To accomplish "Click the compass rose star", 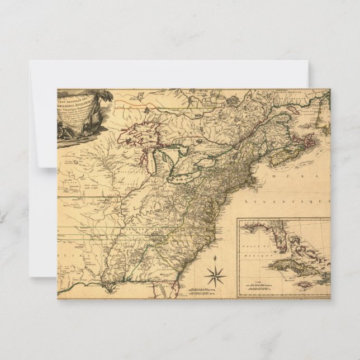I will [x=215, y=276].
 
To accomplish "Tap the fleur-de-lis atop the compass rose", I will [x=215, y=259].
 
